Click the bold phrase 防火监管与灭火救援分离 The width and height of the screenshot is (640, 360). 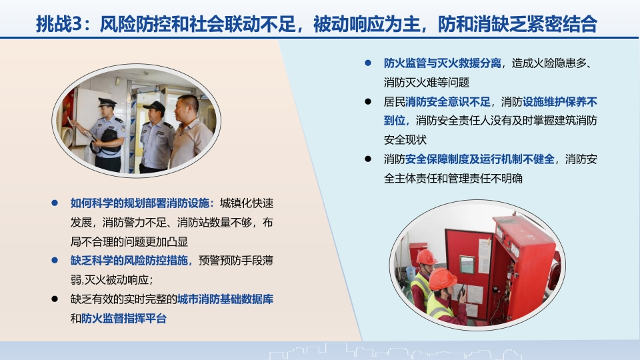[442, 63]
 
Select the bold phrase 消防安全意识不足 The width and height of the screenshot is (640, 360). [448, 101]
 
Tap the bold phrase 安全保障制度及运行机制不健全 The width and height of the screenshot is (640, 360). [479, 159]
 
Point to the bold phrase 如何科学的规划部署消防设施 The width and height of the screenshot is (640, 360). [139, 203]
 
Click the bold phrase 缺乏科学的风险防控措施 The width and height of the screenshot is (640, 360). [129, 261]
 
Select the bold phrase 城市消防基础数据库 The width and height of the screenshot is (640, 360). [225, 299]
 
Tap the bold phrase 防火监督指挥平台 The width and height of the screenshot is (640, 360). [124, 319]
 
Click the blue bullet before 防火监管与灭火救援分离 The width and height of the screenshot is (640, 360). [368, 63]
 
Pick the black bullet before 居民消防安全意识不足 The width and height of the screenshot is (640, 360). [368, 101]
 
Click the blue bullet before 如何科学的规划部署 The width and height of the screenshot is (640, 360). [55, 203]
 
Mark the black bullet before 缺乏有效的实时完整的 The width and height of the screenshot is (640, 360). [55, 299]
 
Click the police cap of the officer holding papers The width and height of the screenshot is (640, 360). [107, 102]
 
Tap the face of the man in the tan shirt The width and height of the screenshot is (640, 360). [185, 109]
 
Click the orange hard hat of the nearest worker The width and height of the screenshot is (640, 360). [442, 279]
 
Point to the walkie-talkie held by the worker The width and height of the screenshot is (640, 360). [463, 291]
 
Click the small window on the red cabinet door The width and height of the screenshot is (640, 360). [467, 265]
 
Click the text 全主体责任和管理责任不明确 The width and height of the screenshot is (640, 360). [453, 179]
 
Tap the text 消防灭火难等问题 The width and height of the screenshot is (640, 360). [426, 83]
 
